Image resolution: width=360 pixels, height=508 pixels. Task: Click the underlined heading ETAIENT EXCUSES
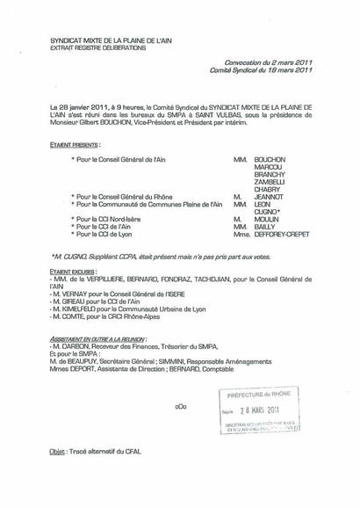click(74, 273)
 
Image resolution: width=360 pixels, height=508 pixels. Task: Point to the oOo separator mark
click(180, 407)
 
